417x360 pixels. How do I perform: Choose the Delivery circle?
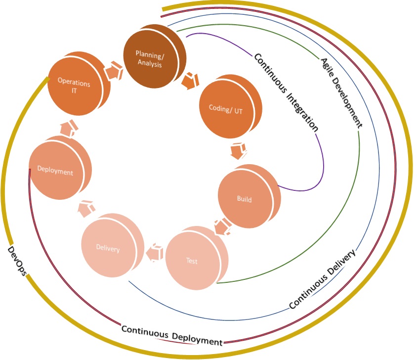[109, 248]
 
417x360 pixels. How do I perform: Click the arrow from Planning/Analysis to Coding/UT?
[190, 81]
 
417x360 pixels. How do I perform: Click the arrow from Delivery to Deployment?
[86, 208]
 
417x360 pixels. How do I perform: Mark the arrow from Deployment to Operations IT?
[68, 129]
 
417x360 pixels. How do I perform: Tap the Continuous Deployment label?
[171, 335]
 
